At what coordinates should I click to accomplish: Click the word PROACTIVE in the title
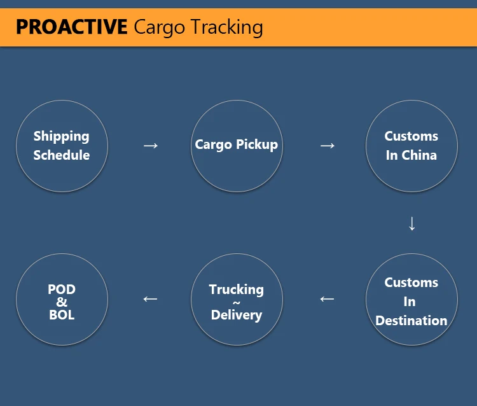71,27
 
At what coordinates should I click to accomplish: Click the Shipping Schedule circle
62,146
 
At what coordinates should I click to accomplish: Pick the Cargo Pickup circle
237,146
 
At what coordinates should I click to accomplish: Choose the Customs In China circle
411,146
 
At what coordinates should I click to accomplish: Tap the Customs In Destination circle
411,300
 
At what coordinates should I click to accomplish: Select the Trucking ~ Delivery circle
237,300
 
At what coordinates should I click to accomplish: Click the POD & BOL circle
62,300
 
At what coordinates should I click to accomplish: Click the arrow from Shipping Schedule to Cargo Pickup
150,146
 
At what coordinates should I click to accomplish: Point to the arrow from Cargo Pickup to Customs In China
327,146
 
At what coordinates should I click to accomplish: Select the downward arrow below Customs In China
411,223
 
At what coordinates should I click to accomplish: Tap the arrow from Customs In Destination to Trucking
327,298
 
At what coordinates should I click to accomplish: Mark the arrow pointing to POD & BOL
150,298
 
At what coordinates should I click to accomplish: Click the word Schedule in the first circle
62,155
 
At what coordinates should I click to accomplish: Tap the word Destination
411,321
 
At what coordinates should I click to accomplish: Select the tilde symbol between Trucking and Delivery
237,303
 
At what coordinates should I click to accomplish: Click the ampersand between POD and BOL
62,302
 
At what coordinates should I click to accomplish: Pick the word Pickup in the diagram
257,145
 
